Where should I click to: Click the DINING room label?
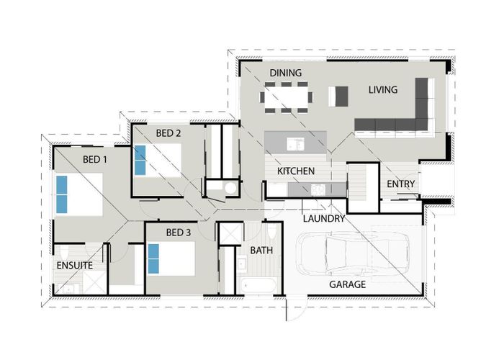click(x=285, y=73)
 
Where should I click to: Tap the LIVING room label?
click(x=383, y=90)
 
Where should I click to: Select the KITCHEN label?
click(x=296, y=171)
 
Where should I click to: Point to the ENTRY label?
click(x=400, y=184)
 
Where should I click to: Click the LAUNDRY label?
click(x=324, y=219)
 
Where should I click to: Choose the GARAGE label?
click(x=348, y=284)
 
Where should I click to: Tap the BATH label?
click(x=261, y=250)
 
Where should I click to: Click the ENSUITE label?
click(x=75, y=265)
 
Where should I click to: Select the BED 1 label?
click(x=95, y=159)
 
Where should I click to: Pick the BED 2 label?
click(x=168, y=133)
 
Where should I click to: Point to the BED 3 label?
click(x=179, y=233)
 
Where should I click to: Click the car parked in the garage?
click(x=353, y=253)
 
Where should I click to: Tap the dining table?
click(x=286, y=97)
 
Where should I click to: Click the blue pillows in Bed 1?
click(x=62, y=194)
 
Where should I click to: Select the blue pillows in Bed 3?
click(x=153, y=258)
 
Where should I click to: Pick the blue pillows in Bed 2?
click(x=140, y=160)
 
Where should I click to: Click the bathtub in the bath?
click(x=258, y=285)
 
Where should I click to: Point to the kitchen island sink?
click(x=295, y=143)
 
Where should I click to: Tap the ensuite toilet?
click(x=64, y=253)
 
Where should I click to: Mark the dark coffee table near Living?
click(x=342, y=96)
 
